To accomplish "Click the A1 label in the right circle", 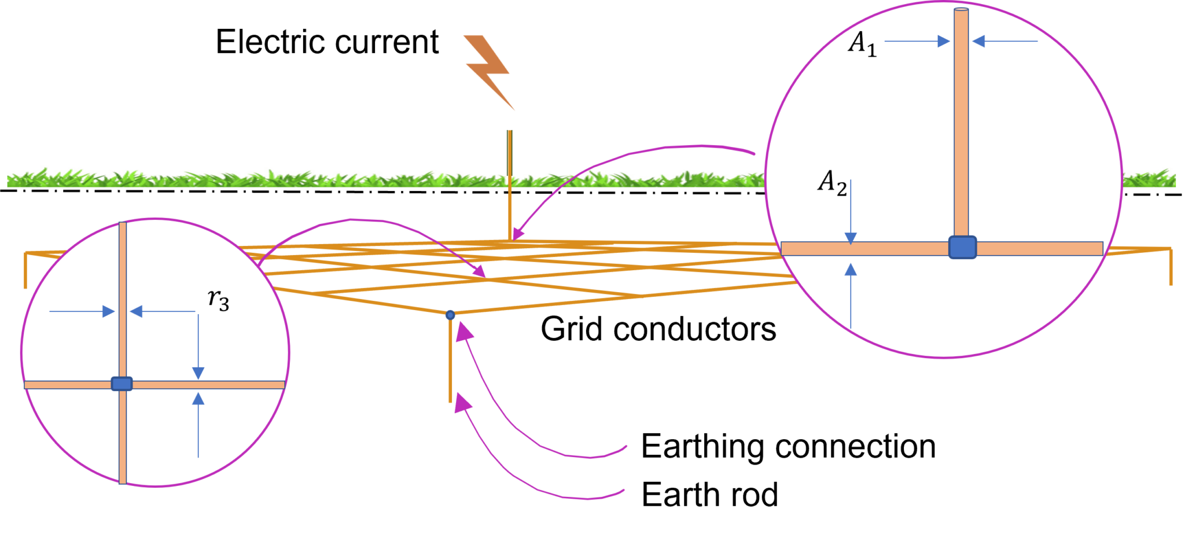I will pos(862,43).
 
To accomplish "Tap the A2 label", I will pos(832,182).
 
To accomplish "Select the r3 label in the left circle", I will pos(219,300).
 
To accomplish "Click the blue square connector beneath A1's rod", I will pos(962,247).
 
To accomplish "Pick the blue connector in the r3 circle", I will pos(122,384).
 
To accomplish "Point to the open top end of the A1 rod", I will pos(961,10).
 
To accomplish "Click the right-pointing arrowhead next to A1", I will pos(943,41).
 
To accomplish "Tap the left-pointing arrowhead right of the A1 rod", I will pos(979,41).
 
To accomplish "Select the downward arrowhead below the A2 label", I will pos(851,238).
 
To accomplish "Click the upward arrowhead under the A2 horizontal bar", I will pos(851,269).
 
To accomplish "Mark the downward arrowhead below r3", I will pos(198,373).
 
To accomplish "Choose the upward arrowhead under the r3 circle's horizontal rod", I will pos(198,399).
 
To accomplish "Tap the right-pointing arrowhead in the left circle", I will pos(108,312).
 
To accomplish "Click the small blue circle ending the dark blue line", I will pos(450,315).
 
